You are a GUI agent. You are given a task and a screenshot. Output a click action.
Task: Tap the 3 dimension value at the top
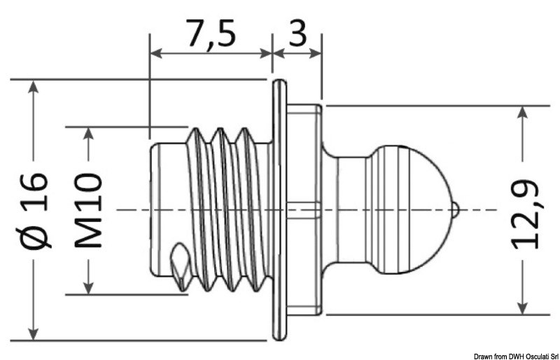click(x=297, y=34)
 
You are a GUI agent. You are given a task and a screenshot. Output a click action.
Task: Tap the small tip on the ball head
click(x=454, y=209)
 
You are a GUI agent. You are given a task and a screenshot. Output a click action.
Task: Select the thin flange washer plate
click(x=280, y=209)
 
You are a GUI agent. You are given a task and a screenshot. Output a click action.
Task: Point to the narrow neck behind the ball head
click(x=346, y=209)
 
